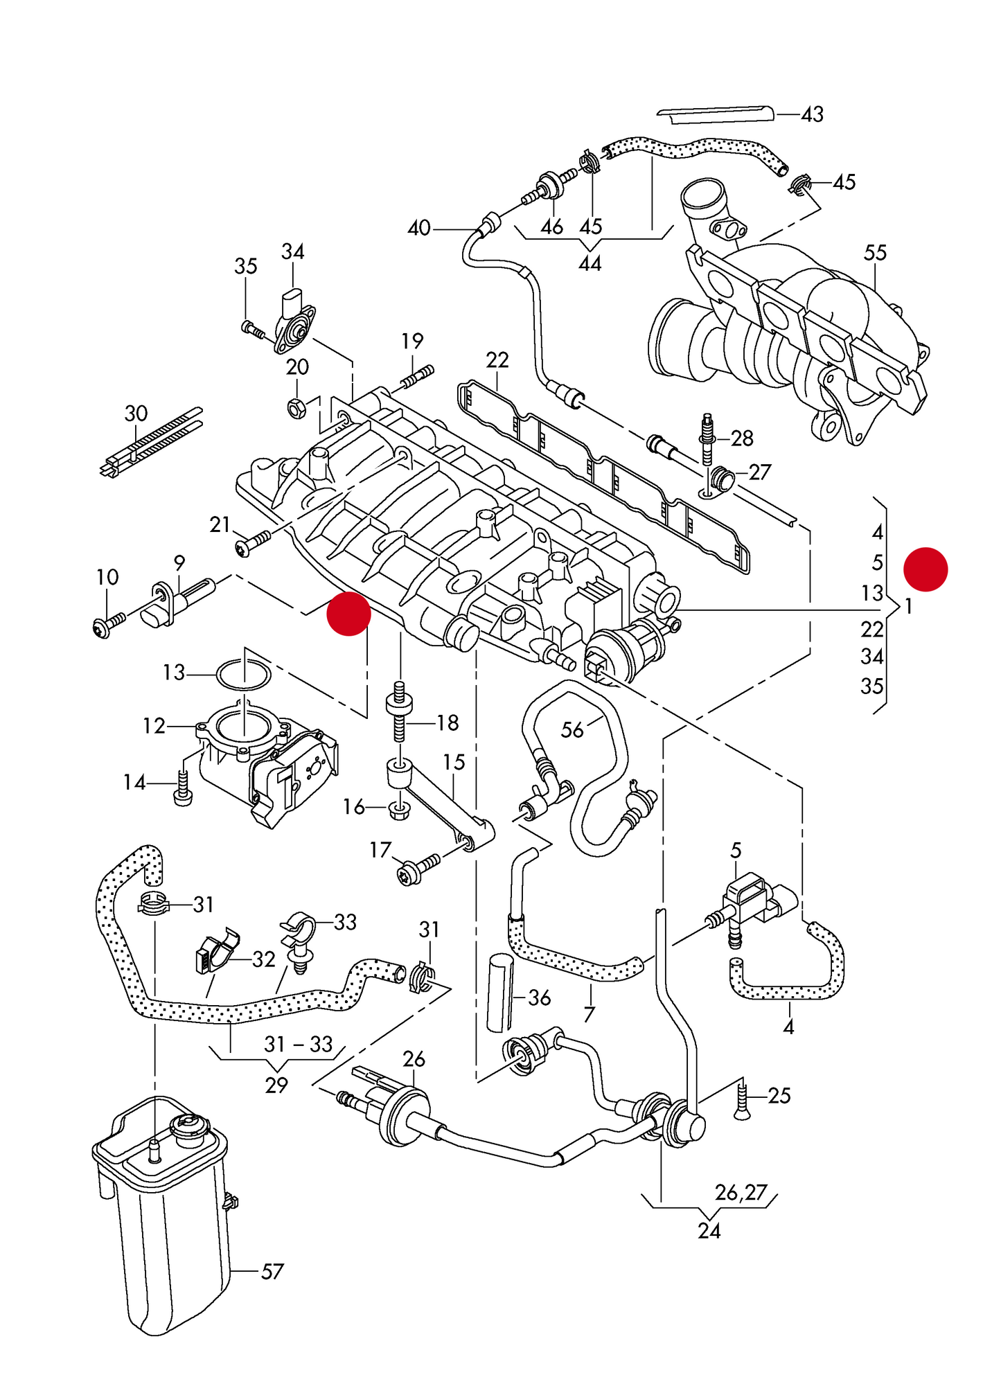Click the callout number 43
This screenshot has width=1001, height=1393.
coord(812,114)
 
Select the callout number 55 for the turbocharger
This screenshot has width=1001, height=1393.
coord(875,253)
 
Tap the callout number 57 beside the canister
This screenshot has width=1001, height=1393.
coord(272,1271)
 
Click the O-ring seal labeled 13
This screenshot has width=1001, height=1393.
coord(244,673)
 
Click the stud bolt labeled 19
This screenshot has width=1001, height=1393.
coord(416,377)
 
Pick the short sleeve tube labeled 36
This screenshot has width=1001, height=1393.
coord(499,992)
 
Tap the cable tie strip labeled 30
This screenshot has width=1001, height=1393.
coord(151,444)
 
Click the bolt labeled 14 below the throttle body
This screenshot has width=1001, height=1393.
coord(184,789)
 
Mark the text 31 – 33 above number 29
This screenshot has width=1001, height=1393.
coord(299,1044)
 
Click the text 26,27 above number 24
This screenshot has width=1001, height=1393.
coord(741,1192)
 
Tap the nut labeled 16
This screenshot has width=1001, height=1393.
coord(398,809)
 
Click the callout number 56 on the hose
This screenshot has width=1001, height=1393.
coord(572,729)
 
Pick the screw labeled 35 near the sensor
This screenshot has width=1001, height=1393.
coord(252,329)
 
